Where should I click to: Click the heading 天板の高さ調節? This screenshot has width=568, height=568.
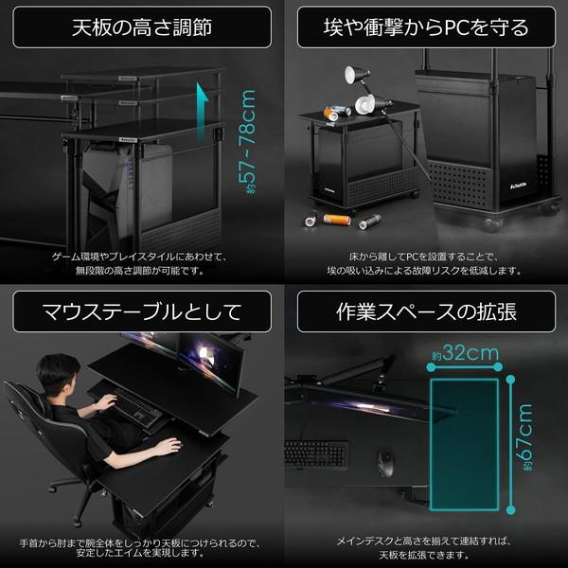[x=141, y=27]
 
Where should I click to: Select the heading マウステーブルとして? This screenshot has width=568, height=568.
[x=141, y=311]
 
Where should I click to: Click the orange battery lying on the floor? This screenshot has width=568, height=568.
[x=337, y=220]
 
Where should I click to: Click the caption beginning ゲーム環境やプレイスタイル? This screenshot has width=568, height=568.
[x=141, y=256]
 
